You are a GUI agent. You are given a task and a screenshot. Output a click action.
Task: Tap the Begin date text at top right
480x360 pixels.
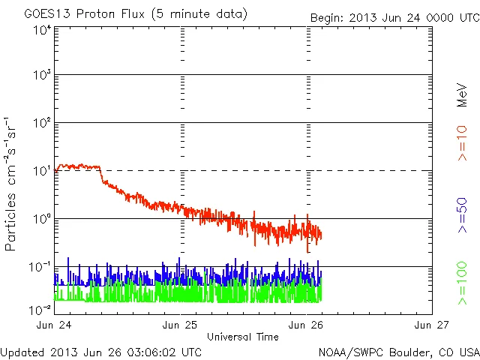(394, 17)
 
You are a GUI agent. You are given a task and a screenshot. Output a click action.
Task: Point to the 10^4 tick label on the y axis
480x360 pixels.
(41, 31)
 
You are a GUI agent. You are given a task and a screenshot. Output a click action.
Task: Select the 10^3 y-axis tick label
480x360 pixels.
(41, 76)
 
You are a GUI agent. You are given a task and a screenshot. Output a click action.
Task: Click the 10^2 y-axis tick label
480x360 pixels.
(41, 123)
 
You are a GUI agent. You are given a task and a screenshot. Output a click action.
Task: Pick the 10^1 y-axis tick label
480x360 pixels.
(41, 171)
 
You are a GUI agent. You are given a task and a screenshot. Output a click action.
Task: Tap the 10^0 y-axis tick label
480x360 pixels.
(41, 219)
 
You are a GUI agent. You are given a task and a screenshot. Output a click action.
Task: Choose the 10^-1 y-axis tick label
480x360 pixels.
(40, 267)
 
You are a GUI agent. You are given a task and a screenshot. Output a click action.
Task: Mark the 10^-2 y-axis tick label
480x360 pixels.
(40, 309)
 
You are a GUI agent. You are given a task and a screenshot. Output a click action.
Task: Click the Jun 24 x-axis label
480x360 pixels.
(55, 325)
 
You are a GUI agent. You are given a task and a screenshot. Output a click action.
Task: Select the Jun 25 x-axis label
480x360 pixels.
(181, 325)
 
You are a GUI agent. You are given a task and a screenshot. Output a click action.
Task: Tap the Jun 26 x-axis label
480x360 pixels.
(306, 325)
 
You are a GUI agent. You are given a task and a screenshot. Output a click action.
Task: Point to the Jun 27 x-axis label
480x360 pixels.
(431, 325)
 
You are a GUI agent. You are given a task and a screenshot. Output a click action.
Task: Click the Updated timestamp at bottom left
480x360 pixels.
(101, 351)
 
